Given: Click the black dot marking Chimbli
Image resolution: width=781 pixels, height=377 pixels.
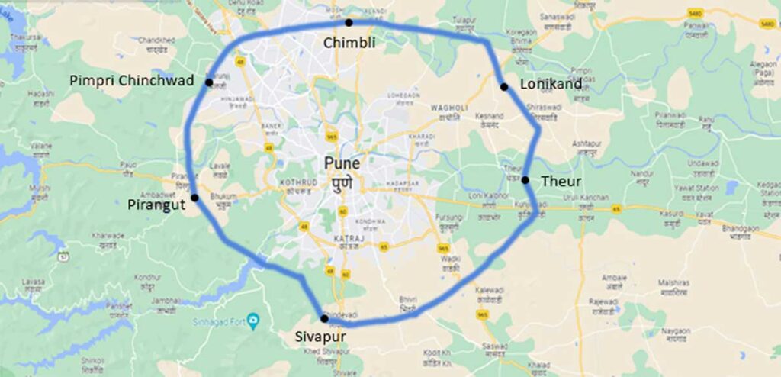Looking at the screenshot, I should pos(349,23).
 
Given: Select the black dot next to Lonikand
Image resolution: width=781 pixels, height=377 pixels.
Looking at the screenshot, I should pos(504,87).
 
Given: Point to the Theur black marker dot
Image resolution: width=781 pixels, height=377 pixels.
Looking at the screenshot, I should pos(525,180).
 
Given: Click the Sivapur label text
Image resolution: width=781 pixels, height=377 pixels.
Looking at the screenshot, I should pos(321,335).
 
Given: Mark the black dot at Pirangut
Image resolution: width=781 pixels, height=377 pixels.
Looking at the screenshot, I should pos(194,198).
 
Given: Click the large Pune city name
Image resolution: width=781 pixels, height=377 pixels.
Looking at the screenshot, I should pos(342,163).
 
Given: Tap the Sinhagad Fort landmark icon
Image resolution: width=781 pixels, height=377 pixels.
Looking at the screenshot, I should pos(256,317).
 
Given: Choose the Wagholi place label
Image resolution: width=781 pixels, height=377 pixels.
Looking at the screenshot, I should pos(448,108).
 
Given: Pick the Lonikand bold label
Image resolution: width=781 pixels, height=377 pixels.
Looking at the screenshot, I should pos(551,84).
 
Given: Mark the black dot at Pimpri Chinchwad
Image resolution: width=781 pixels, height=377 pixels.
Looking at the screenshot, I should pos(208,82).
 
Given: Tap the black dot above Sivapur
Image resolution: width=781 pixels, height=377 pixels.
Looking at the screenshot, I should pos(324,318).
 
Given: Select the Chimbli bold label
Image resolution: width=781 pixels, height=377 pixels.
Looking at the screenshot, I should pos(349,43).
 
